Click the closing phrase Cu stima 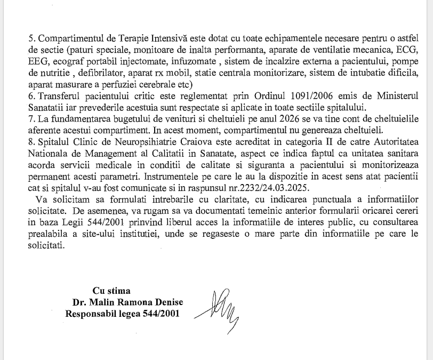[x=111, y=291]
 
